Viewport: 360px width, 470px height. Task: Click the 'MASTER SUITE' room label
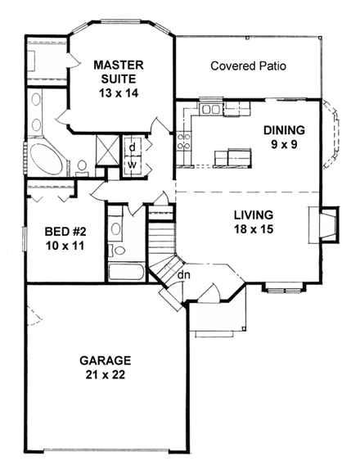pos(119,71)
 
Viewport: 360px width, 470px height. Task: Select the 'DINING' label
pos(283,130)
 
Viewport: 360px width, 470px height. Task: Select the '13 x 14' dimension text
pos(119,94)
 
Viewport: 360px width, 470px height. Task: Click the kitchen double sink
pos(210,109)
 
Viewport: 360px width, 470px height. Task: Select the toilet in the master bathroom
pos(82,167)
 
